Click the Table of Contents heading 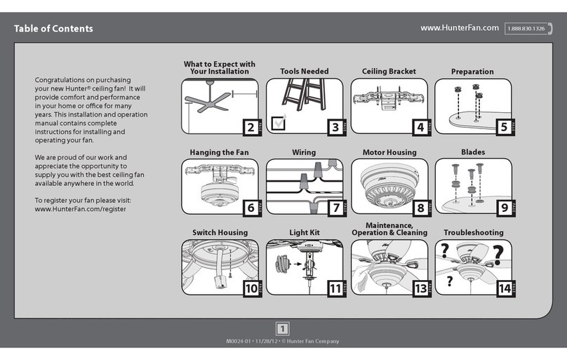[x=53, y=29]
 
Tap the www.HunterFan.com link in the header [x=459, y=28]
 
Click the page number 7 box [x=335, y=208]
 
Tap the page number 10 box [x=250, y=287]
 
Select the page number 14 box [x=503, y=287]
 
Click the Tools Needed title [x=304, y=72]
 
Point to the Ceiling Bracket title [x=389, y=72]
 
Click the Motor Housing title [x=389, y=152]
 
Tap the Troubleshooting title [x=473, y=232]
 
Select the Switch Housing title [x=220, y=232]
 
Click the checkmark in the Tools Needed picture [x=278, y=122]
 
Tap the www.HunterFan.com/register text [x=81, y=209]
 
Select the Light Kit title [x=304, y=232]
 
